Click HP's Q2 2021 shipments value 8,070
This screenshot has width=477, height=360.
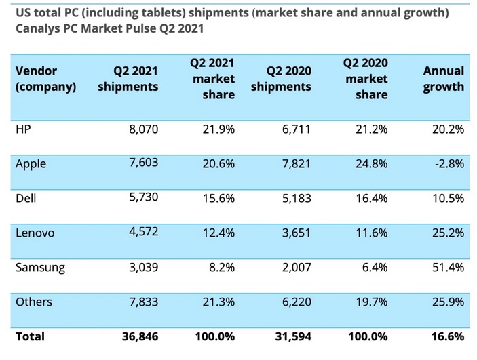143,129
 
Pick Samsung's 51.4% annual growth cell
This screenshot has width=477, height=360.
447,267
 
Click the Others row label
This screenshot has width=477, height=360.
33,302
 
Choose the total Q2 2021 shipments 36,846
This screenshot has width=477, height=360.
139,336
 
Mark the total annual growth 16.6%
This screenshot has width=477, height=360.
448,336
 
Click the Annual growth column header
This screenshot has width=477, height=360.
444,79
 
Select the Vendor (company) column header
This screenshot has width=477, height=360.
45,79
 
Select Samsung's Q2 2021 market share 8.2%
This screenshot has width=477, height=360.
222,267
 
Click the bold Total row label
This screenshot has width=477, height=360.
30,336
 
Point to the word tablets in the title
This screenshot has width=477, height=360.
164,13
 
